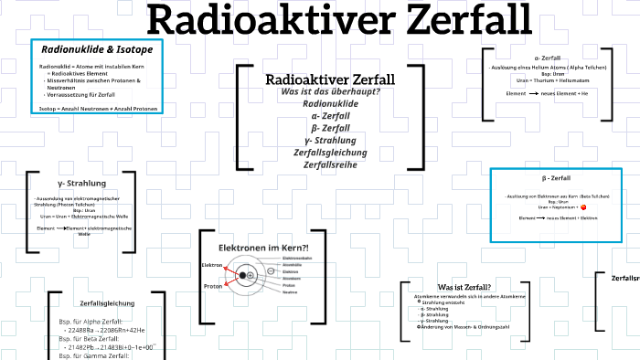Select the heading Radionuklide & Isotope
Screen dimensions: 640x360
(x=97, y=49)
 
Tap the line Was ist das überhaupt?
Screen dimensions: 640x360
(x=330, y=92)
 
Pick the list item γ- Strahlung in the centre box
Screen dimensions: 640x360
(x=330, y=140)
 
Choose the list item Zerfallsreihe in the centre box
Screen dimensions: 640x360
(x=330, y=164)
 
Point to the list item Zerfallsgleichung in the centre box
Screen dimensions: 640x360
(x=330, y=152)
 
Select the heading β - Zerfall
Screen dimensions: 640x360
(x=557, y=177)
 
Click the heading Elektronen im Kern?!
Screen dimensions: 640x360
(x=263, y=249)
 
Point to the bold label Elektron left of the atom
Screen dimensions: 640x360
(x=212, y=265)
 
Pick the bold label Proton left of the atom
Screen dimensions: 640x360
(x=212, y=286)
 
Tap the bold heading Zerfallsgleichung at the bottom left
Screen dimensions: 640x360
(x=108, y=302)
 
